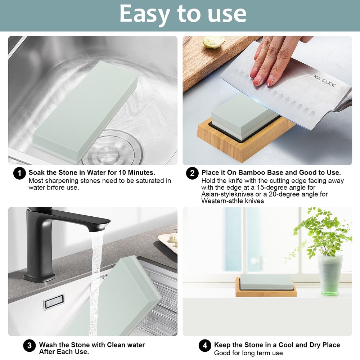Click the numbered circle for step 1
(19, 173)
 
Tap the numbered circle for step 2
(192, 173)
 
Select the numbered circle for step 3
(30, 346)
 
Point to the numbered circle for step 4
(205, 346)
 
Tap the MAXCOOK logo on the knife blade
(324, 81)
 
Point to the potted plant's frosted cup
(330, 275)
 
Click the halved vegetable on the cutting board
(213, 42)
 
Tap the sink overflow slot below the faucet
(54, 302)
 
